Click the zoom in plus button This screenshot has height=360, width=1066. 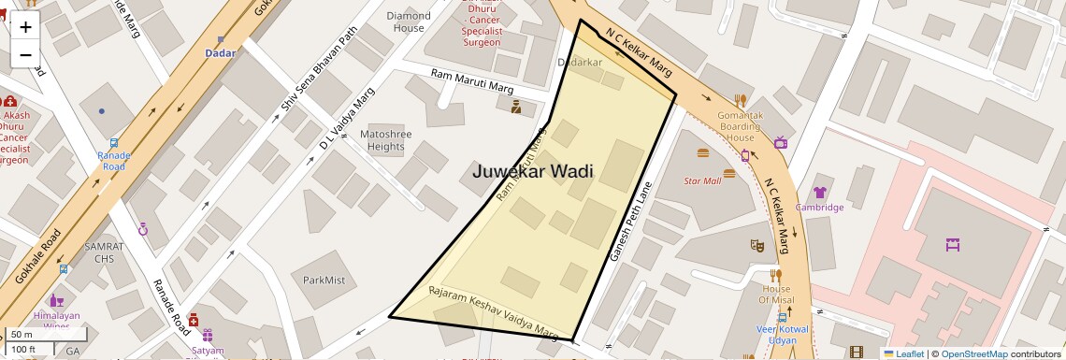[x=25, y=26]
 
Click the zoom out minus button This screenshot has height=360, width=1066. [x=25, y=55]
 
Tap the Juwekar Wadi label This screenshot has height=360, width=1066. [x=533, y=171]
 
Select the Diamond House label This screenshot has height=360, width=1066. [x=409, y=22]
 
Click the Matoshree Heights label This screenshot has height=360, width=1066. [x=384, y=140]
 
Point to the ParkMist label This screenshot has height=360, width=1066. [x=324, y=280]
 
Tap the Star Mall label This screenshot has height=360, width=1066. [x=702, y=180]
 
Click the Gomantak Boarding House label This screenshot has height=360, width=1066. [x=740, y=126]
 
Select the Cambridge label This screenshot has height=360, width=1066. [x=819, y=207]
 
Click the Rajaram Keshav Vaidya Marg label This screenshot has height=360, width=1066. [x=493, y=311]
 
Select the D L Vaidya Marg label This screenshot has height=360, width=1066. [x=347, y=119]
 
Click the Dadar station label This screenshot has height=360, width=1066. [x=221, y=53]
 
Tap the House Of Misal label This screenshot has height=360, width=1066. [x=775, y=294]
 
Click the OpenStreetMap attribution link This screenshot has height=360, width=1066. [x=973, y=353]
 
